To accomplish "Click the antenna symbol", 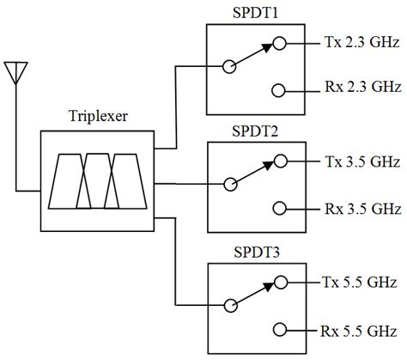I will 15,72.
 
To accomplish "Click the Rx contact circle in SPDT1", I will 278,89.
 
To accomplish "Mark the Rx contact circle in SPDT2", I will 278,208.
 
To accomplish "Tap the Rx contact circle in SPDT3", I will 278,328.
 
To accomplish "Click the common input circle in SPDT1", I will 228,65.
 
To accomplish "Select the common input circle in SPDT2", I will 228,184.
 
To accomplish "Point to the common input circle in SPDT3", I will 228,304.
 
